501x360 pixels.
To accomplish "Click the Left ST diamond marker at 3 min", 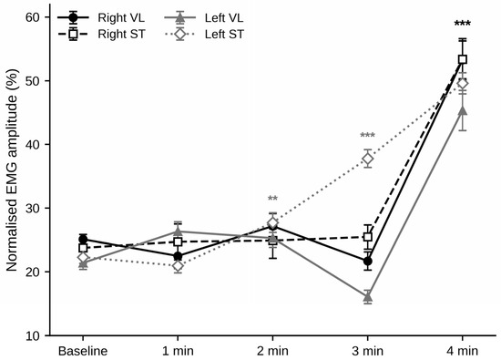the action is pyautogui.click(x=368, y=159).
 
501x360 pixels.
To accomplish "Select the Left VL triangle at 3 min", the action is pyautogui.click(x=368, y=297).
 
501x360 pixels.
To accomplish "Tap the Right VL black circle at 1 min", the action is pyautogui.click(x=178, y=256).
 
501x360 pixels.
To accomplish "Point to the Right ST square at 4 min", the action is pyautogui.click(x=463, y=59).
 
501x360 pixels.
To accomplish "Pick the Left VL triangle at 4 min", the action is pyautogui.click(x=463, y=110).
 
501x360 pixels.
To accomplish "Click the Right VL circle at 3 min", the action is pyautogui.click(x=368, y=262).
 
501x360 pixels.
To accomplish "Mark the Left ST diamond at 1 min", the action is pyautogui.click(x=178, y=266).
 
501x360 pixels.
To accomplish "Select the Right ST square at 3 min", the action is pyautogui.click(x=368, y=237).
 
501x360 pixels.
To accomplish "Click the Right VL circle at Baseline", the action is pyautogui.click(x=83, y=239).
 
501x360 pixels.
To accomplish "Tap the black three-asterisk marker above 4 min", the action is pyautogui.click(x=463, y=25).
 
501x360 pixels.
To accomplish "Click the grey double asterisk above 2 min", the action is pyautogui.click(x=272, y=199).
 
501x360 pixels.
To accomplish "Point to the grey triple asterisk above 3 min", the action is pyautogui.click(x=367, y=135).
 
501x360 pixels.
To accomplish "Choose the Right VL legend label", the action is pyautogui.click(x=121, y=17).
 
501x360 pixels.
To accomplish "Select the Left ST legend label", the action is pyautogui.click(x=224, y=34).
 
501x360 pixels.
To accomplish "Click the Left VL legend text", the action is pyautogui.click(x=224, y=17).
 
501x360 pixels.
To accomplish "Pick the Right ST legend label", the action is pyautogui.click(x=121, y=34).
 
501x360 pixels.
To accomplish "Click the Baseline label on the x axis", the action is pyautogui.click(x=83, y=351).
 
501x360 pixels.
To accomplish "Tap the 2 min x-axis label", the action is pyautogui.click(x=272, y=351).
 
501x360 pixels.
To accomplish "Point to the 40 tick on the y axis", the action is pyautogui.click(x=35, y=145).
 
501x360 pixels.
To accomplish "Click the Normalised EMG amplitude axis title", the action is pyautogui.click(x=12, y=170).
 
